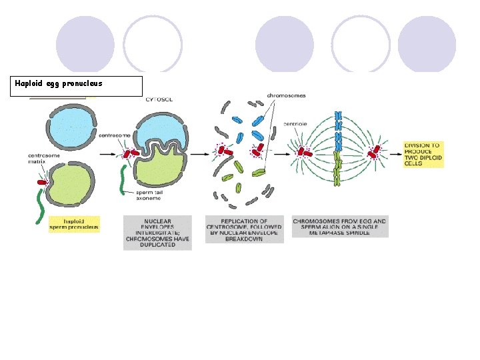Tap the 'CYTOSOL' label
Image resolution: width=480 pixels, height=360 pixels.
[x=159, y=100]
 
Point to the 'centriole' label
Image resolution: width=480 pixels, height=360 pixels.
[x=295, y=123]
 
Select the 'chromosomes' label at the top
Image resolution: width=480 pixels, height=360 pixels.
[x=287, y=95]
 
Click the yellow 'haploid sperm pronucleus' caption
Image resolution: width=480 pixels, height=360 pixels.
[x=73, y=223]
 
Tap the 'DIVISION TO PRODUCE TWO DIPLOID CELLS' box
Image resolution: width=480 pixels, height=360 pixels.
[x=423, y=155]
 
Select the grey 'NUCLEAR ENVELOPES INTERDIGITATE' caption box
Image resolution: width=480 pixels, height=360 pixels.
[x=157, y=233]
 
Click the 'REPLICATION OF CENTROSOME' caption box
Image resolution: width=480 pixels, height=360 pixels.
[x=244, y=229]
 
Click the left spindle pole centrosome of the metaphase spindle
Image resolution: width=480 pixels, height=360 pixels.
[x=304, y=151]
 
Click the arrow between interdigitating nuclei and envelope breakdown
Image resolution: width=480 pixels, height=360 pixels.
[x=198, y=153]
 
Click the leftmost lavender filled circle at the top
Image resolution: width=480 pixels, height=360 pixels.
[x=85, y=43]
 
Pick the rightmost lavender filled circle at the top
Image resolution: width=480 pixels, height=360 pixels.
[x=427, y=43]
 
